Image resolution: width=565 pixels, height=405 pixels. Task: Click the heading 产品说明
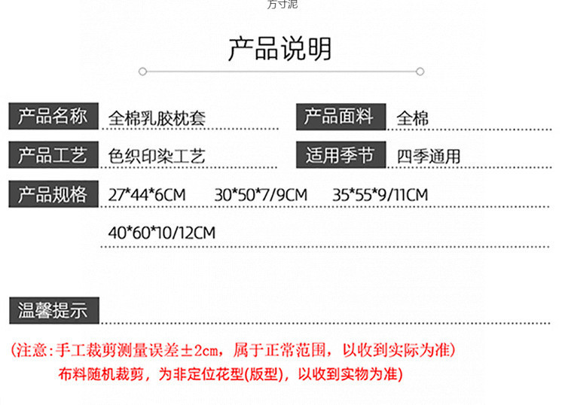[x=279, y=49]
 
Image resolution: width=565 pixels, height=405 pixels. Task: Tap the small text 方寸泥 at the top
[x=282, y=5]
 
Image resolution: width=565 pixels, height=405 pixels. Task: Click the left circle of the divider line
[x=142, y=72]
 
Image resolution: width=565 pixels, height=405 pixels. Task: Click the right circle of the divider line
[x=420, y=72]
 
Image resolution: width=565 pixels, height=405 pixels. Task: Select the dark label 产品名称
[x=53, y=116]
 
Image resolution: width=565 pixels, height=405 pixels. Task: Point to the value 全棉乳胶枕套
[x=157, y=118]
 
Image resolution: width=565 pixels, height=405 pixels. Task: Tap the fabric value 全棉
[x=412, y=118]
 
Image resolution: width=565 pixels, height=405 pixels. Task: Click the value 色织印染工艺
[x=157, y=157]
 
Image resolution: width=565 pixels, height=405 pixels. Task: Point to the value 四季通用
[x=428, y=157]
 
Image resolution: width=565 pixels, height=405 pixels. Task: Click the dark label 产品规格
[x=53, y=194]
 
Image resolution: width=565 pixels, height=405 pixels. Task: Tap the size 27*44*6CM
[x=146, y=195]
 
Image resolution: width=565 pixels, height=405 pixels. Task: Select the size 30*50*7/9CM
[x=261, y=195]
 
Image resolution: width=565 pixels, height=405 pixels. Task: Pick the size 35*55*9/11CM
[x=380, y=195]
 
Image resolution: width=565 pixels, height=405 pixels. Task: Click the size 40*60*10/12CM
[x=161, y=233]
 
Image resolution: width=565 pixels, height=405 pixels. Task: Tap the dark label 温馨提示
[x=53, y=310]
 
